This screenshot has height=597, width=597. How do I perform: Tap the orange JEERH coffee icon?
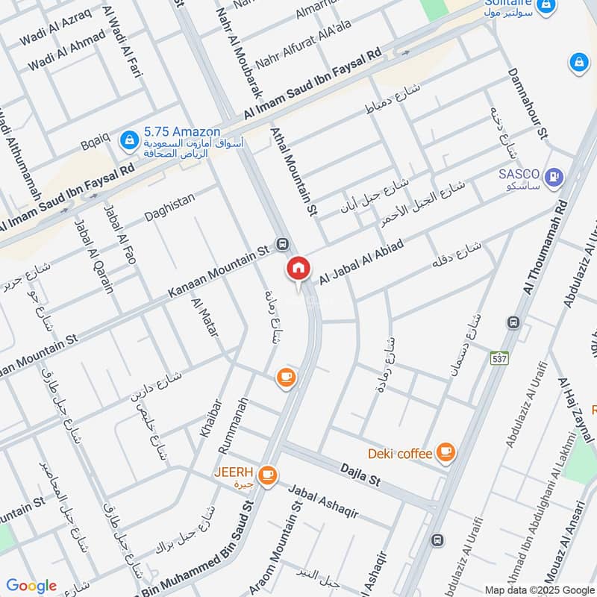coord(268,475)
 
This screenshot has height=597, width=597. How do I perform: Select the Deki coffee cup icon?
coord(446,451)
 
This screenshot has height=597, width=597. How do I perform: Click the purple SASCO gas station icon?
coord(554,177)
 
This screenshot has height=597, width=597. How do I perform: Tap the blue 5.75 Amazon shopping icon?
coord(130,139)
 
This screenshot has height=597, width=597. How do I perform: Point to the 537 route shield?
coord(499,359)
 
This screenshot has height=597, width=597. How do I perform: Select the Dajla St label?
coord(360,475)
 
